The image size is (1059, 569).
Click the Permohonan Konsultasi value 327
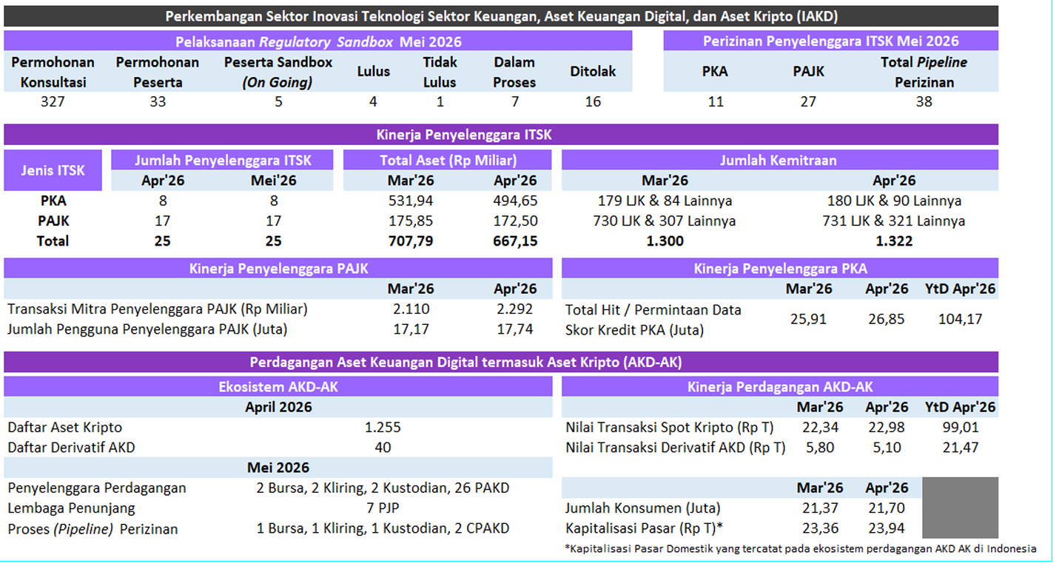click(53, 101)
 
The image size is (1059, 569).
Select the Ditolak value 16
click(592, 101)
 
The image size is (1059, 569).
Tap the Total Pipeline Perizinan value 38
click(924, 101)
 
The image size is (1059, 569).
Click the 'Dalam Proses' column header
click(514, 72)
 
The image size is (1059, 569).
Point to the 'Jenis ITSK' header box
click(53, 170)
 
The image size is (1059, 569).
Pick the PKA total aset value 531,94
click(411, 201)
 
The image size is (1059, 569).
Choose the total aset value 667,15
click(515, 241)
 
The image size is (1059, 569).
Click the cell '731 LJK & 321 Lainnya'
click(893, 221)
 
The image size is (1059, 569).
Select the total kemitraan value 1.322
click(893, 241)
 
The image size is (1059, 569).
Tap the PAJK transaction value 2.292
click(514, 309)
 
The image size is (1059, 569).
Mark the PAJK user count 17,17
click(411, 329)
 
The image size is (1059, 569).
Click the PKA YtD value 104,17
click(960, 319)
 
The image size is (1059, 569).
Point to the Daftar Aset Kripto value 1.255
click(383, 427)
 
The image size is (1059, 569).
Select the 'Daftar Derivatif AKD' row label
click(71, 448)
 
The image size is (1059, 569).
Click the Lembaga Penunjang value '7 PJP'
click(383, 508)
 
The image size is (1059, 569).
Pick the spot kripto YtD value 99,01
click(960, 427)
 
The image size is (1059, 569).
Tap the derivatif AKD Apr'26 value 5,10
click(887, 448)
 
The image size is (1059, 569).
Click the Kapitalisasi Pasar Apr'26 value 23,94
click(886, 528)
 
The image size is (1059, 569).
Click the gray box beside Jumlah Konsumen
click(960, 508)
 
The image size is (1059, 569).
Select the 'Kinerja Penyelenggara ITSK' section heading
click(464, 135)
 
